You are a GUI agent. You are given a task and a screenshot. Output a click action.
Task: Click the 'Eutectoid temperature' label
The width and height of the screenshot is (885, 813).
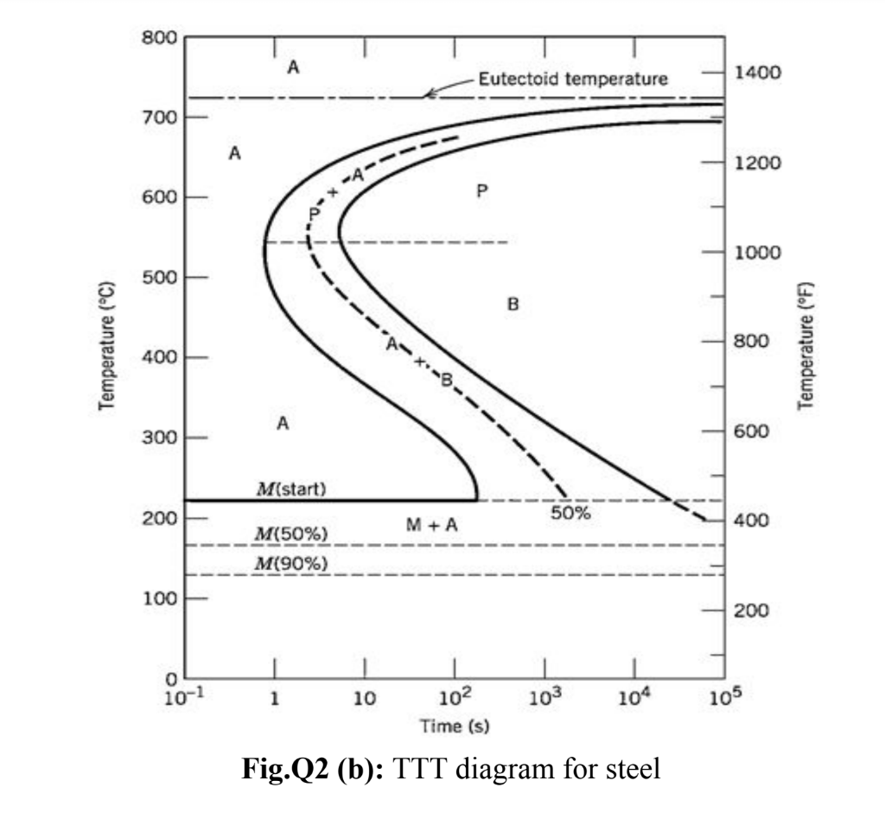(x=573, y=80)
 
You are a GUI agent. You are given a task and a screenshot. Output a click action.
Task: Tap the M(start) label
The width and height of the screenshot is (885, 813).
(x=291, y=490)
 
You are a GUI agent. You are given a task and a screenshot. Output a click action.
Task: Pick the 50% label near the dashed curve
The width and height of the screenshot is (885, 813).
(x=570, y=513)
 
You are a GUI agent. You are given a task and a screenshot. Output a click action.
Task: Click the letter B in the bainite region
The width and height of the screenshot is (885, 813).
(x=513, y=304)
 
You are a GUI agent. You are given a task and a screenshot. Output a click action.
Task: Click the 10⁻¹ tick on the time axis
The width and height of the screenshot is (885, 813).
(x=181, y=699)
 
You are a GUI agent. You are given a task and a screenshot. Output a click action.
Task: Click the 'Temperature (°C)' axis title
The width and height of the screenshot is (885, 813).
(x=108, y=346)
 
